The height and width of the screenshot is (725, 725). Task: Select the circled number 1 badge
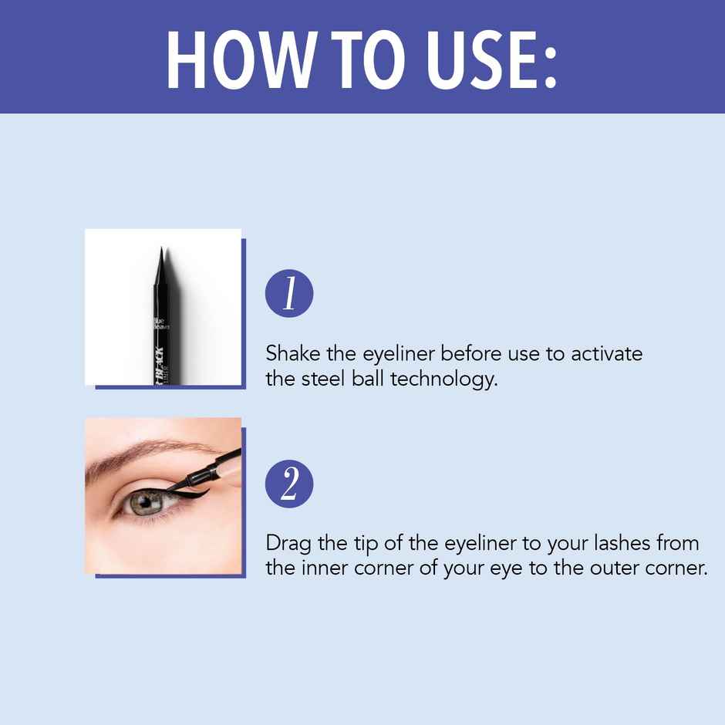pos(289,294)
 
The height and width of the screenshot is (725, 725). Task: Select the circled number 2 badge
pos(289,484)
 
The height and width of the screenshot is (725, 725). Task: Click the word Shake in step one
pos(292,354)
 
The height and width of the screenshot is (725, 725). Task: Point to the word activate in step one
pos(607,354)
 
